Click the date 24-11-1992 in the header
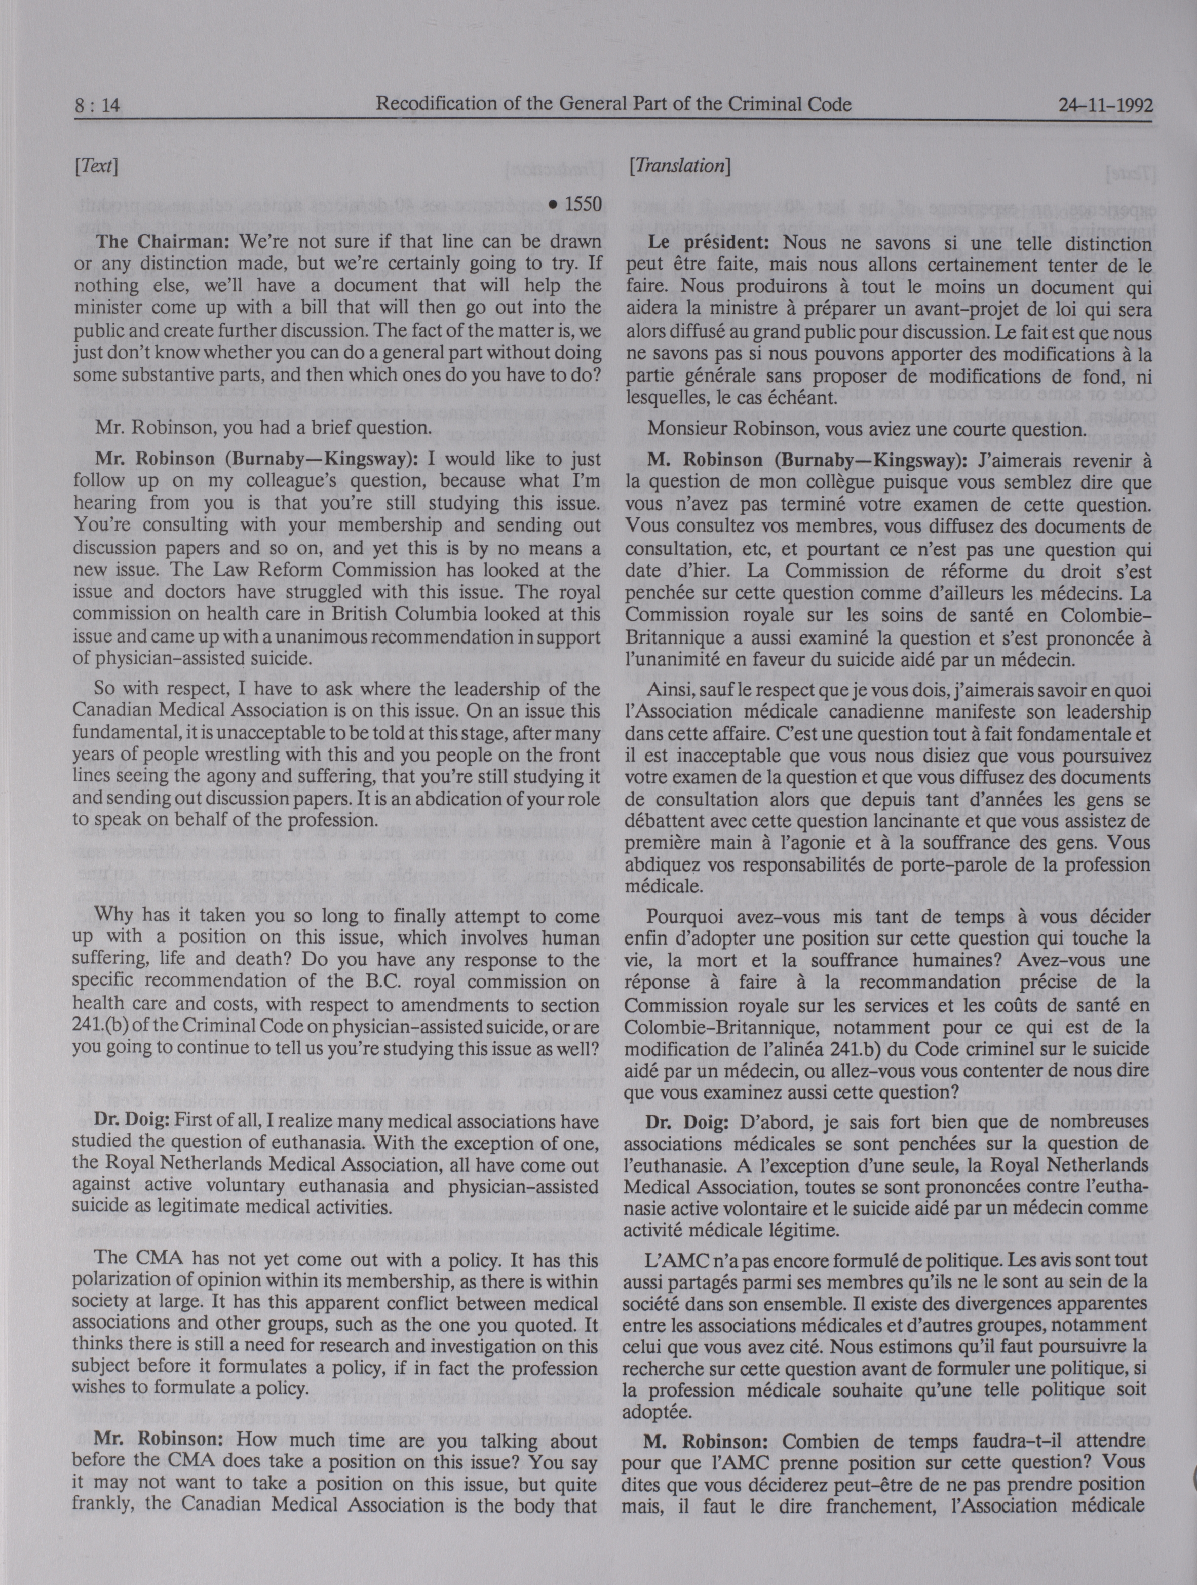[x=1105, y=106]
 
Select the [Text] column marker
[x=95, y=167]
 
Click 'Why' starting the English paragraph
[x=113, y=915]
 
